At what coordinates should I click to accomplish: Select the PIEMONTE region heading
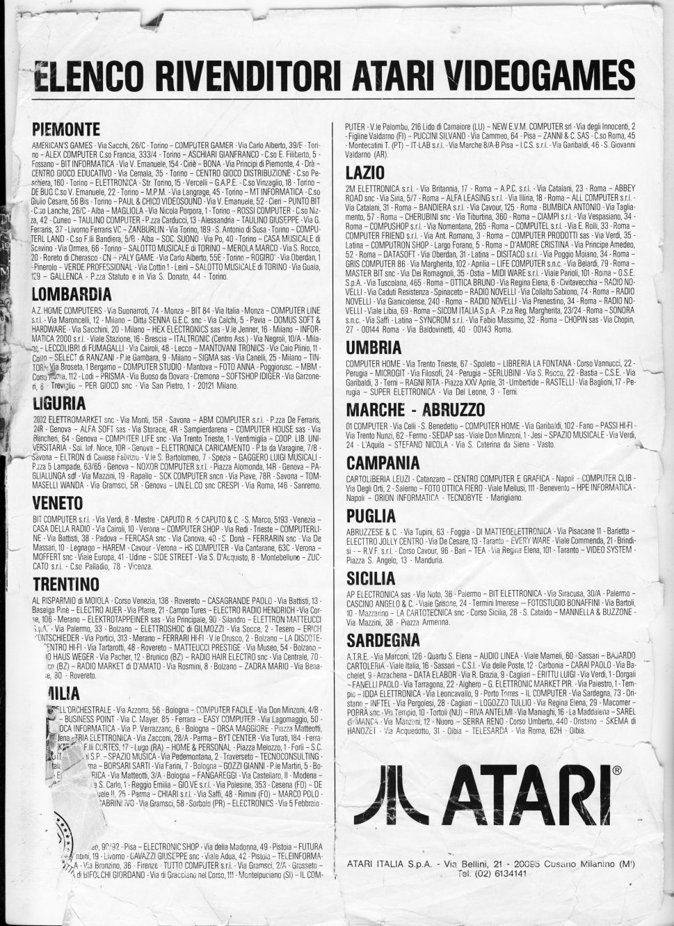[x=66, y=130]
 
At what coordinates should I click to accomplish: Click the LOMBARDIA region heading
[x=72, y=292]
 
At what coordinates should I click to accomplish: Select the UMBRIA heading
[x=374, y=346]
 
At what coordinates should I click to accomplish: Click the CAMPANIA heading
[x=383, y=463]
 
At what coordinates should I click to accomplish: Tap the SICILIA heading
[x=371, y=577]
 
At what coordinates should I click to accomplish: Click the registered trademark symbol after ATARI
[x=616, y=772]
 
